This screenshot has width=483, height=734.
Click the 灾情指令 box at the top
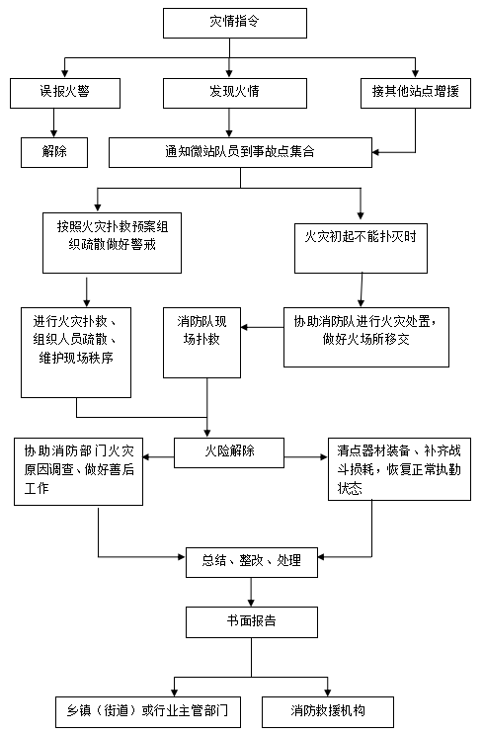[x=234, y=23]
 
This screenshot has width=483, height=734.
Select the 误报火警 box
[x=65, y=93]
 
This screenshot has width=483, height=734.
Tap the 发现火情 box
[x=234, y=93]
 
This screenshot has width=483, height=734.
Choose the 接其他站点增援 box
[x=416, y=93]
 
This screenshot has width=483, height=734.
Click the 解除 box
[x=54, y=152]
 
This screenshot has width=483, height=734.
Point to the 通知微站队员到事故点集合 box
[x=240, y=152]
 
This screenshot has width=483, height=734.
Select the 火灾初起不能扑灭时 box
[x=361, y=248]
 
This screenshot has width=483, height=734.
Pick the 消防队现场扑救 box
[x=201, y=343]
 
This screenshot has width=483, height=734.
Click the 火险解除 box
[x=229, y=452]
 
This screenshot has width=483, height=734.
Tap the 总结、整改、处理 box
[x=252, y=562]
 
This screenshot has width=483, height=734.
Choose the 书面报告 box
[x=252, y=622]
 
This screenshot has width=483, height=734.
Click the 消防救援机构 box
[x=328, y=712]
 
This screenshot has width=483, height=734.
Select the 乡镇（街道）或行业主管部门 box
[x=148, y=712]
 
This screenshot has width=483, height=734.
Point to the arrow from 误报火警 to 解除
[x=53, y=123]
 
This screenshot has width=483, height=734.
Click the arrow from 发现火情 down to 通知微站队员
[x=229, y=123]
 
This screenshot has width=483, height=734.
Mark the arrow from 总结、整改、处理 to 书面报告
[x=251, y=592]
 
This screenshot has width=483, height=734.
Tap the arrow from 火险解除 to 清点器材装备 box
[x=306, y=456]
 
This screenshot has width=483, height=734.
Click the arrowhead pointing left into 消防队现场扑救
[x=244, y=327]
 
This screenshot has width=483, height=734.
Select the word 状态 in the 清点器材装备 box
[x=350, y=489]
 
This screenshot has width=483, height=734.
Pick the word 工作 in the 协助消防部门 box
[x=37, y=489]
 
